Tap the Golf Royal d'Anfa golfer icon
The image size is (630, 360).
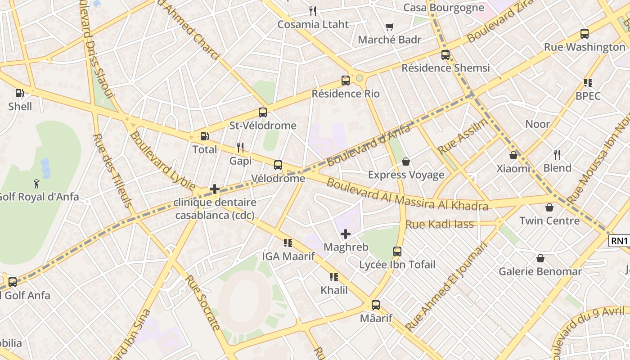tap(36, 184)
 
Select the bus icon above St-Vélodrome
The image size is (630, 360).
tap(263, 112)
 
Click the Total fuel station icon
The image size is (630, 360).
tap(204, 136)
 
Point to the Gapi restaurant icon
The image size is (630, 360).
tap(240, 147)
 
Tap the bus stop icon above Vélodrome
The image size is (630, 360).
tap(278, 165)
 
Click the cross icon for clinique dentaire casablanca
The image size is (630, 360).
tap(215, 189)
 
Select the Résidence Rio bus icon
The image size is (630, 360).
tap(346, 81)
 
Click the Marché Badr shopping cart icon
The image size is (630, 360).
tap(389, 27)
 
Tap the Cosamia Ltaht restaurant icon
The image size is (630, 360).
tap(313, 11)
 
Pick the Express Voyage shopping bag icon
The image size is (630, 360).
tap(406, 162)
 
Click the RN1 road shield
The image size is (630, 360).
tap(619, 241)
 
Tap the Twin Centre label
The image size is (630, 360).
tap(549, 220)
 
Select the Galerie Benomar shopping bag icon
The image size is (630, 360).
tap(540, 258)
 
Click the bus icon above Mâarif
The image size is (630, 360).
tap(376, 305)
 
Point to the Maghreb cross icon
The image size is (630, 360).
tap(346, 234)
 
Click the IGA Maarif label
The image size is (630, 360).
tap(288, 256)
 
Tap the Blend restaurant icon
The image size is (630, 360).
tap(557, 155)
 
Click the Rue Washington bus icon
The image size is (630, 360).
tap(585, 34)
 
